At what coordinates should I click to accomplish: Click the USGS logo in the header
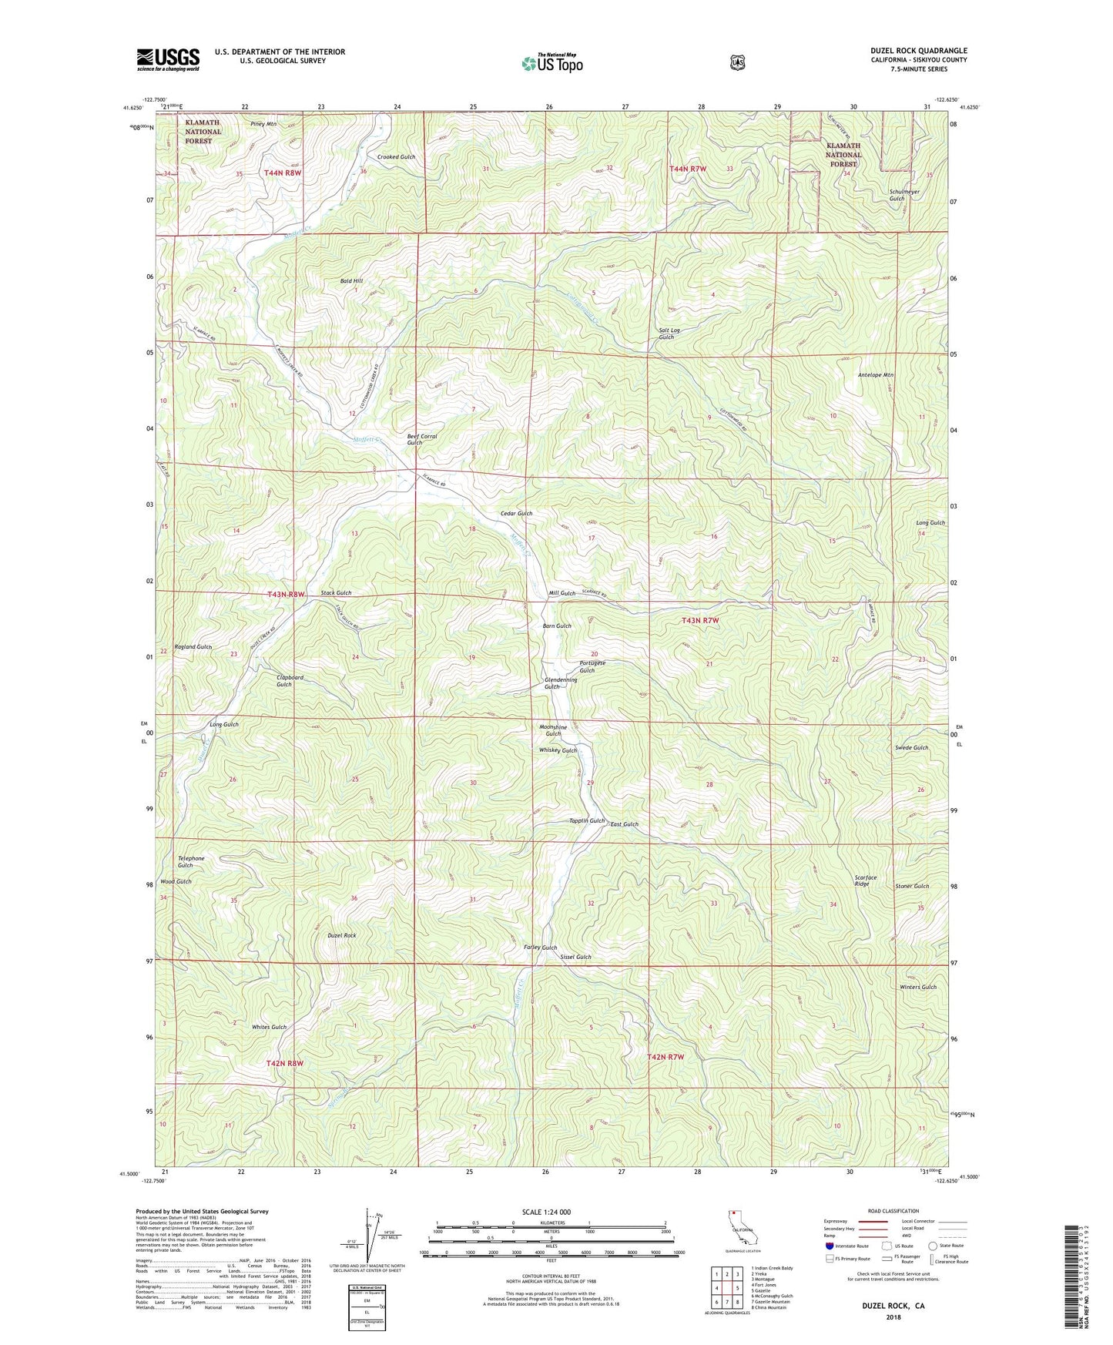(x=168, y=59)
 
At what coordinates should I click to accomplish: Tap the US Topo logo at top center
(x=551, y=63)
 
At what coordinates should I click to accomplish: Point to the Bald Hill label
(x=352, y=282)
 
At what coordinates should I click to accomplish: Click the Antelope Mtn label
(x=875, y=375)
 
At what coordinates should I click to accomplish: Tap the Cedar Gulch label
(x=516, y=513)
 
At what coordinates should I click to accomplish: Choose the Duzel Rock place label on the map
(x=341, y=935)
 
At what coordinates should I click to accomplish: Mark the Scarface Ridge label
(x=865, y=880)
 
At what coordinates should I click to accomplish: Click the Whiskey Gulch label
(x=558, y=750)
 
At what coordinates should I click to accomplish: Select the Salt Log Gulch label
(x=668, y=334)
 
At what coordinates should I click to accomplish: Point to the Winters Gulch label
(x=917, y=987)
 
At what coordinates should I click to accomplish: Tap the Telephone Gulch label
(x=191, y=861)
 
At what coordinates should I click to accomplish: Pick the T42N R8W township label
(x=285, y=1063)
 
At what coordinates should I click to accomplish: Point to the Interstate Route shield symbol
(x=829, y=1246)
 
